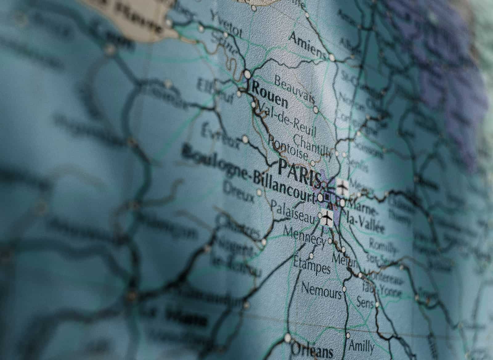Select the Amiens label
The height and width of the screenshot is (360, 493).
(307, 45)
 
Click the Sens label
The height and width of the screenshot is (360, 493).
(365, 302)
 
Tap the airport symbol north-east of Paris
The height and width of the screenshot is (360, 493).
(342, 186)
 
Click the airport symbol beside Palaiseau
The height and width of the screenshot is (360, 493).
(326, 219)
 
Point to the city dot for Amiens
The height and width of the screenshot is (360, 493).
(332, 57)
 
